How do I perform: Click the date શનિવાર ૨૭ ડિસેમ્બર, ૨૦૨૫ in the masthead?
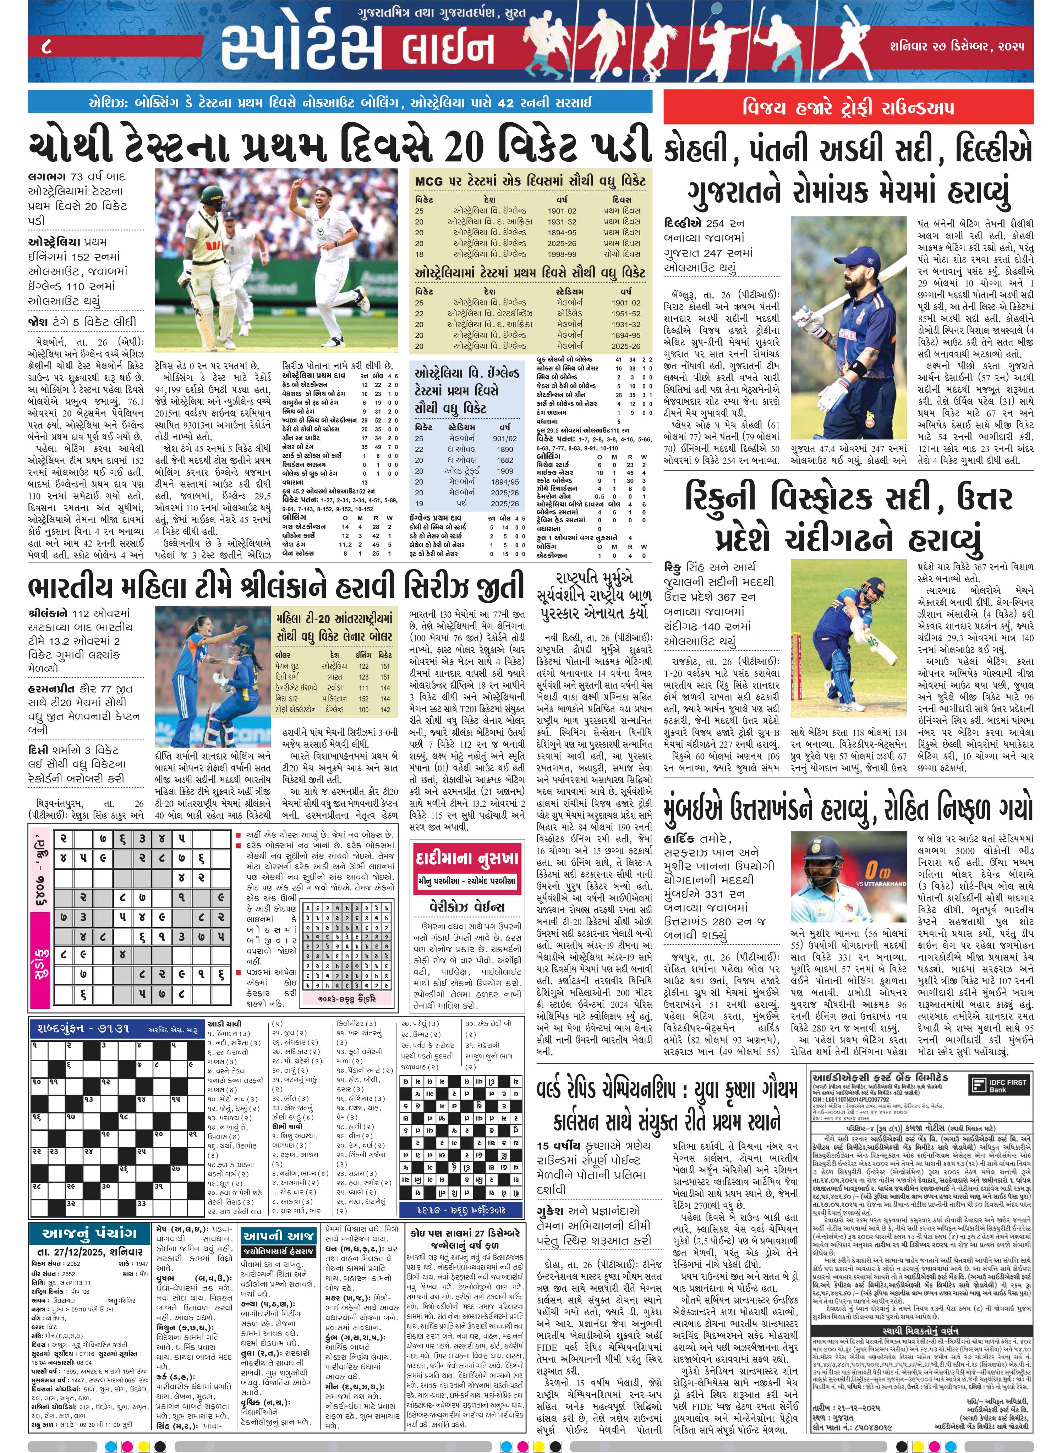(957, 46)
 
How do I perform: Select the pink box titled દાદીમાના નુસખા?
(467, 859)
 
